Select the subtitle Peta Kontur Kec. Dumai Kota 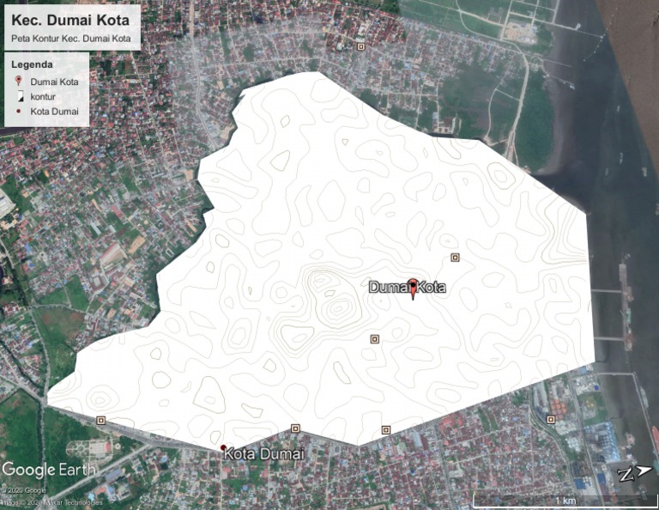70,39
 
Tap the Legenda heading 33,64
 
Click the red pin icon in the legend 18,81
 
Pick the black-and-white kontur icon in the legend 18,96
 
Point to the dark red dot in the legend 18,112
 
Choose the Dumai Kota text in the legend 54,81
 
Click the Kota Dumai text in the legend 54,112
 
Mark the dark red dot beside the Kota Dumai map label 223,448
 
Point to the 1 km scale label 565,500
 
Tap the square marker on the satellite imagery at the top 360,46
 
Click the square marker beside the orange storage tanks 551,419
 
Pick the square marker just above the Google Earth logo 101,420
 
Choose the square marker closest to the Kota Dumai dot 295,428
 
